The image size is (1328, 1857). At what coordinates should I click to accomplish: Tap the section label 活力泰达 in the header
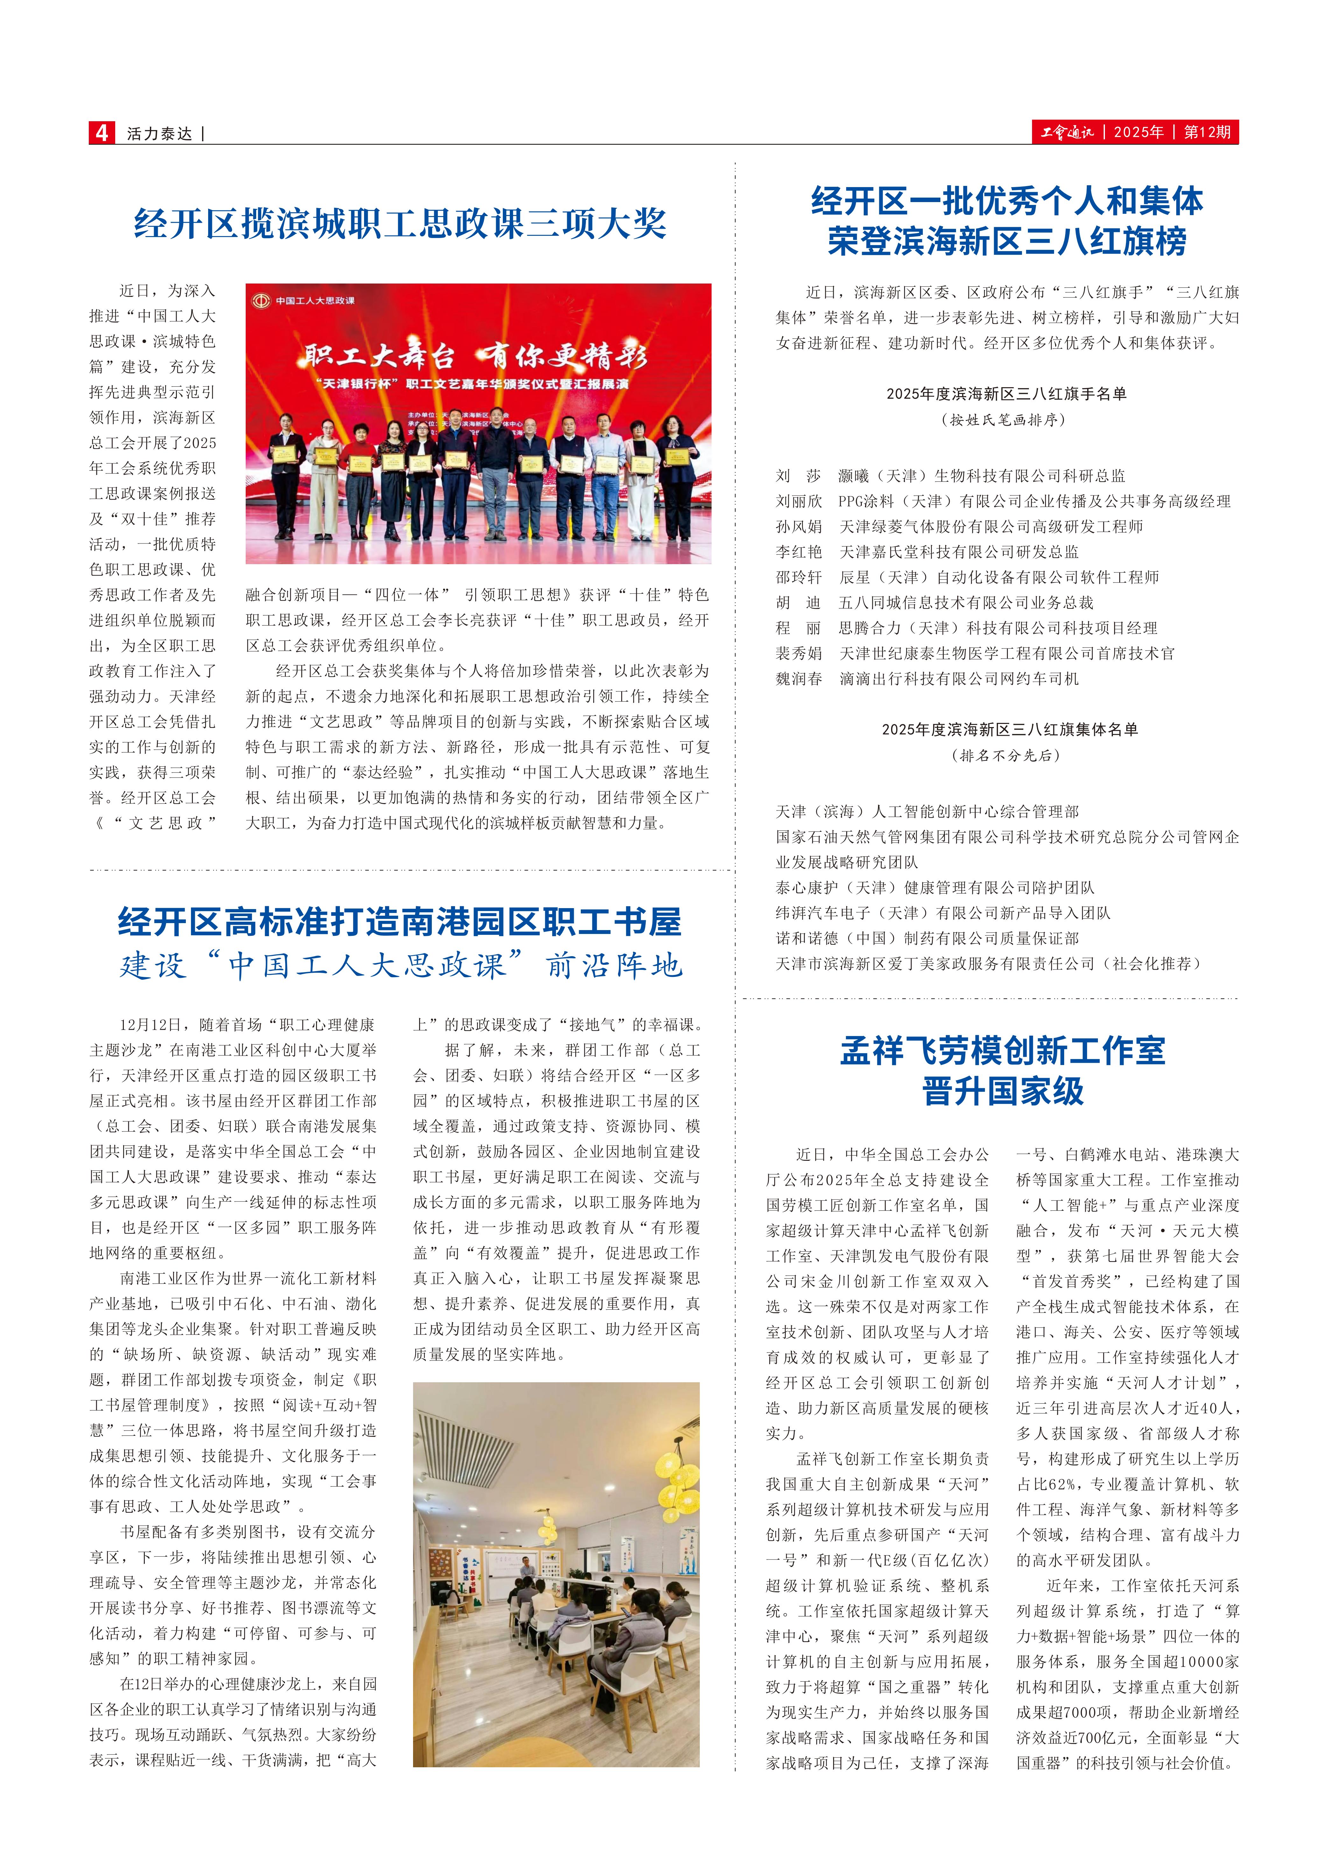click(x=159, y=133)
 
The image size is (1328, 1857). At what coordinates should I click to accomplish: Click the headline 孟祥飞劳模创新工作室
click(x=1002, y=1051)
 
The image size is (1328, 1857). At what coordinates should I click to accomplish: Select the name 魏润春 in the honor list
click(x=799, y=679)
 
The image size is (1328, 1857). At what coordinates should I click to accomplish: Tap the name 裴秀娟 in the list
click(x=799, y=653)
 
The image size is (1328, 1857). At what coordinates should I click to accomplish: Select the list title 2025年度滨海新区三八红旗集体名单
click(x=1009, y=729)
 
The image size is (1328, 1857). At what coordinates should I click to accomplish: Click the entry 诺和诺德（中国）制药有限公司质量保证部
click(x=927, y=938)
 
